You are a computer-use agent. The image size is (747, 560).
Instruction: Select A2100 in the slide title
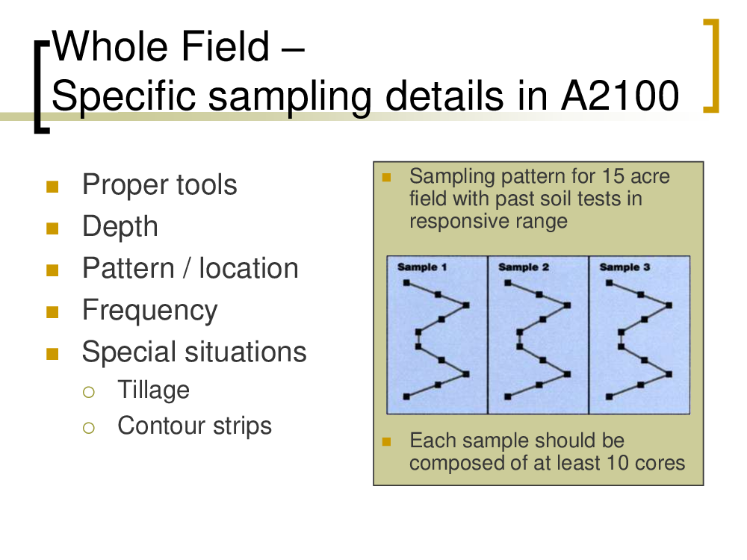click(620, 96)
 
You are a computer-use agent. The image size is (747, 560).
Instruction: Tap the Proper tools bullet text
click(160, 185)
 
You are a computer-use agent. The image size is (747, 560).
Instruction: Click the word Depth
click(120, 227)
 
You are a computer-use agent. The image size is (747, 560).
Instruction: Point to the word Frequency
click(150, 311)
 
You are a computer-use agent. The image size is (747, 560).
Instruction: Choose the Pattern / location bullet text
click(190, 268)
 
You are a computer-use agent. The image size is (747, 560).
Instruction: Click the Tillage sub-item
click(153, 390)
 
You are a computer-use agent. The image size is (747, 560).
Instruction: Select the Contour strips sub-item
click(194, 426)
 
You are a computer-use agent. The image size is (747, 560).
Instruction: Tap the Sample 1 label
click(422, 267)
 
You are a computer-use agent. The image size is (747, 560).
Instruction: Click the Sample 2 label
click(524, 267)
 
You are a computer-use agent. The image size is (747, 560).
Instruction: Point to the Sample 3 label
click(624, 267)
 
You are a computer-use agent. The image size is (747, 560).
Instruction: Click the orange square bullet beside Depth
click(52, 229)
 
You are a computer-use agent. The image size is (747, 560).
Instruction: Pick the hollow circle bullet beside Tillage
click(89, 392)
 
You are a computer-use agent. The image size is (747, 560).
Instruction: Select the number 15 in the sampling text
click(613, 176)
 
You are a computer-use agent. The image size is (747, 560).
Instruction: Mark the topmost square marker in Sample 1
click(406, 283)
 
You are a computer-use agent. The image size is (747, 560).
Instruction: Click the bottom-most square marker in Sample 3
click(609, 396)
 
